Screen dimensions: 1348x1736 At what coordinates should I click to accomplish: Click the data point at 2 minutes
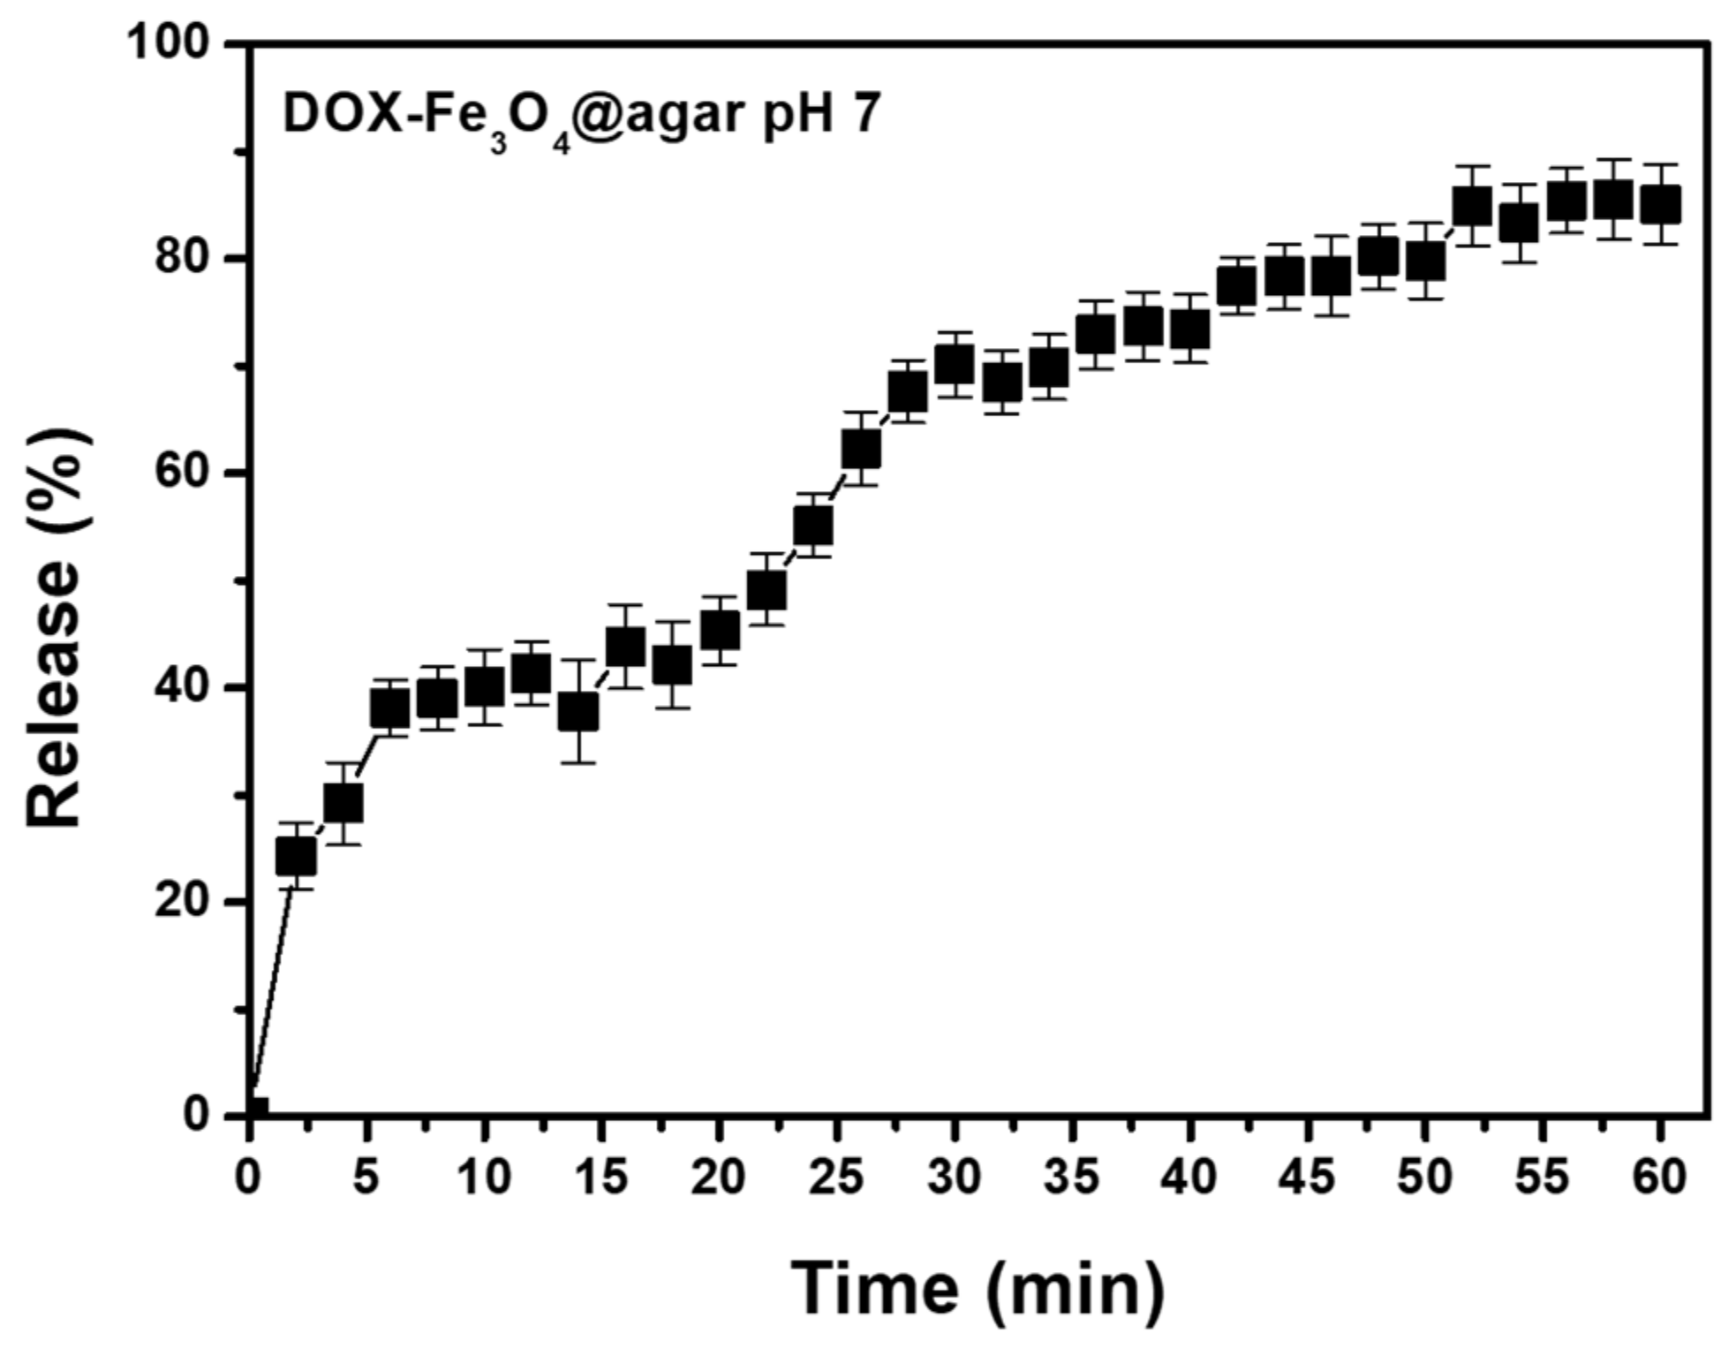tap(296, 856)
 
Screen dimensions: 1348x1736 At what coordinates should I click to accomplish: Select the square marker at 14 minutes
tap(578, 711)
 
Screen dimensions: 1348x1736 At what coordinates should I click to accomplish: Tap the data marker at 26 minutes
tap(861, 449)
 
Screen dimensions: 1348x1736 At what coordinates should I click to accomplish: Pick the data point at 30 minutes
tap(955, 364)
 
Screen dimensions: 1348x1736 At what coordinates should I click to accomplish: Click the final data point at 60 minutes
tap(1660, 205)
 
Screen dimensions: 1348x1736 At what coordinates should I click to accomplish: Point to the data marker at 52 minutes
tap(1472, 207)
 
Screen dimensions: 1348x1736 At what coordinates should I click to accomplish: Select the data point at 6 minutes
tap(390, 708)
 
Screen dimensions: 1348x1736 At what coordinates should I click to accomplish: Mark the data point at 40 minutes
tap(1189, 329)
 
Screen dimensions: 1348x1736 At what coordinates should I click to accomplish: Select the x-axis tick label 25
tap(836, 1178)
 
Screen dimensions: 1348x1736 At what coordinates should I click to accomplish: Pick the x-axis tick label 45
tap(1307, 1178)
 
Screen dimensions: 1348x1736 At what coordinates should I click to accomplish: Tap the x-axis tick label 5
tap(366, 1178)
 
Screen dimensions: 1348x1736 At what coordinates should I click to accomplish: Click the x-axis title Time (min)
tap(977, 1288)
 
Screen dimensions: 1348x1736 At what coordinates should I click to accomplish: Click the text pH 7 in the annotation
tap(821, 115)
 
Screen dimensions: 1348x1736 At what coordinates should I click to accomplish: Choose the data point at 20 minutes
tap(720, 630)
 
